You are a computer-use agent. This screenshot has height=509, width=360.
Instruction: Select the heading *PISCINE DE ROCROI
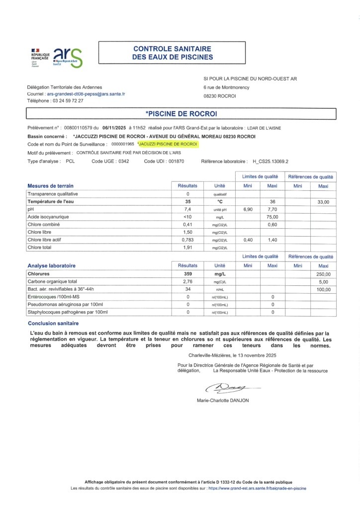(180, 114)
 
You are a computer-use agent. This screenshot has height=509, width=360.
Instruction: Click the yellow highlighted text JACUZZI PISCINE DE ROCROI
(168, 144)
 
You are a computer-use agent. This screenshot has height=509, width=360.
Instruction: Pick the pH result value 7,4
(188, 210)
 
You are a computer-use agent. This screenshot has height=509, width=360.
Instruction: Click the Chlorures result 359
(188, 273)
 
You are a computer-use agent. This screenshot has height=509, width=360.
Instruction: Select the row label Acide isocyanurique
(48, 217)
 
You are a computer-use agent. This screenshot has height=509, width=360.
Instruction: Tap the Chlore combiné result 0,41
(188, 225)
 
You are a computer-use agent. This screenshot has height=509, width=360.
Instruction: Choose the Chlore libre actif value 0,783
(188, 240)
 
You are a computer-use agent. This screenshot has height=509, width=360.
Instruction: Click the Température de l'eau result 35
(188, 202)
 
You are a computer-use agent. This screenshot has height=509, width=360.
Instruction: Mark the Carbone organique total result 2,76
(188, 281)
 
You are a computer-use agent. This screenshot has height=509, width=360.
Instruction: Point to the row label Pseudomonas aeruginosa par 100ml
(65, 304)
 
